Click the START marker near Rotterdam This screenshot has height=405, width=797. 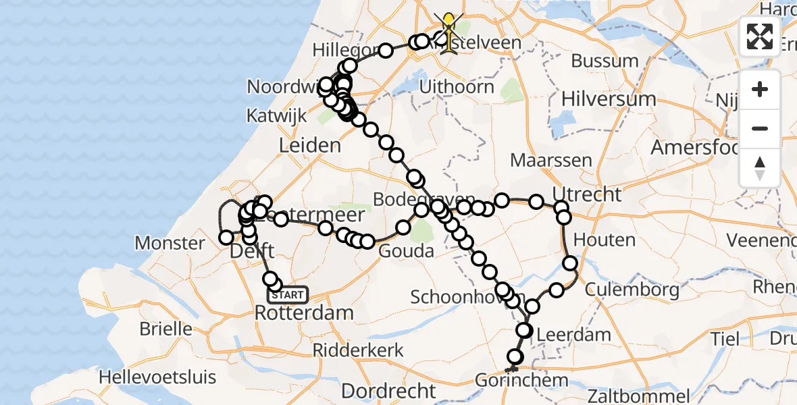point(288,295)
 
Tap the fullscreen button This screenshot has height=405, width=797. point(760,36)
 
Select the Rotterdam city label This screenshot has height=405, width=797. point(304,313)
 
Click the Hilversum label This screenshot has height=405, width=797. point(609,99)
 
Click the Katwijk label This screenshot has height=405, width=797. point(276,115)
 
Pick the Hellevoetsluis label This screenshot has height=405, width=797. point(157,377)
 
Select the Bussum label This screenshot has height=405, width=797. point(604,61)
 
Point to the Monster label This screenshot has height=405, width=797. point(170,243)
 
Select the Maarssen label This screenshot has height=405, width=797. point(551,161)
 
